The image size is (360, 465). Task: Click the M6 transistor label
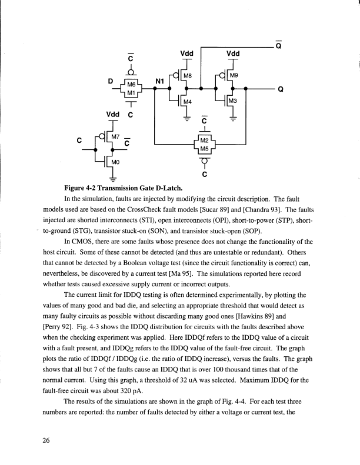click(x=132, y=85)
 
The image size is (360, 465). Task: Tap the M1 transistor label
click(x=132, y=93)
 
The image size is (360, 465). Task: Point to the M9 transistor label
click(x=234, y=76)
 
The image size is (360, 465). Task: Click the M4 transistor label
click(x=187, y=103)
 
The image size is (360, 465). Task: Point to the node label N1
click(x=159, y=81)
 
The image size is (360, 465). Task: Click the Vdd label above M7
click(x=113, y=113)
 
